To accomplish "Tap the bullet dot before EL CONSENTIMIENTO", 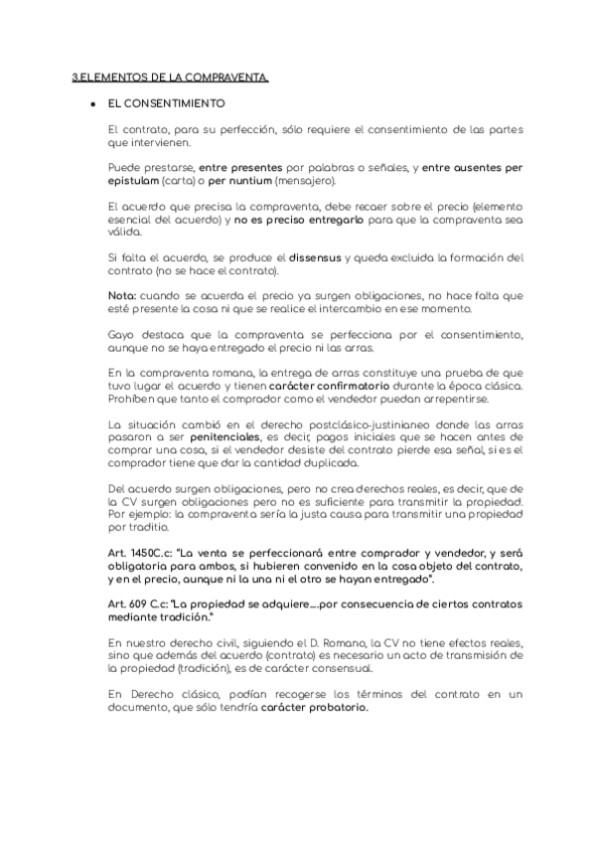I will [91, 103].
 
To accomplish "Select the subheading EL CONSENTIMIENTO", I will [167, 103].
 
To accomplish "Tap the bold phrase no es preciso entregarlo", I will [294, 218].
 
